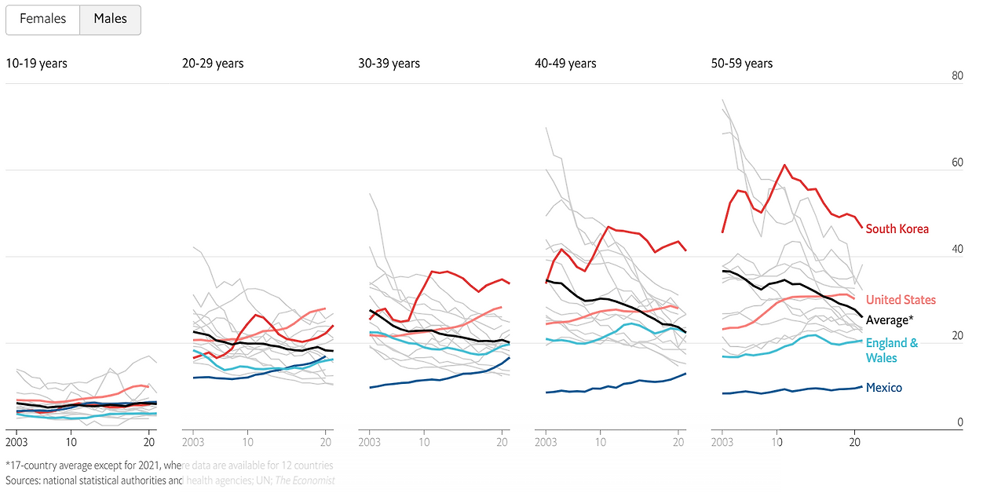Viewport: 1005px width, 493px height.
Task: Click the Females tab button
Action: coord(42,20)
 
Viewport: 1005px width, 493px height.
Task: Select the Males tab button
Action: coord(110,20)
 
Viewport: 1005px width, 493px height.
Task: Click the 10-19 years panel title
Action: coord(36,64)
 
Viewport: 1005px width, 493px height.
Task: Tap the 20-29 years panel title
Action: coord(213,64)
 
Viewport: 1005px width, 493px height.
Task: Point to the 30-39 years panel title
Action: coord(389,64)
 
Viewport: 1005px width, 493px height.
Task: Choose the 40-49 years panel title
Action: coord(565,64)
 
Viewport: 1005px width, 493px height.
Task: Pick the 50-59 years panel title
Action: coord(741,64)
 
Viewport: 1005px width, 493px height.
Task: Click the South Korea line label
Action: coord(897,229)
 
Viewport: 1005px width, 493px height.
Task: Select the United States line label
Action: coord(901,300)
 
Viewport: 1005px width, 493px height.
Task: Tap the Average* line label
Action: coord(890,320)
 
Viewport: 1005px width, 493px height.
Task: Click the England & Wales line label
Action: coord(891,350)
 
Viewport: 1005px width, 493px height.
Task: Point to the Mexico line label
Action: coord(884,388)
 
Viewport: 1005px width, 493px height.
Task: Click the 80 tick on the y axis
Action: coord(956,76)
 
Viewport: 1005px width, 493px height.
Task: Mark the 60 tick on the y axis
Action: coord(956,163)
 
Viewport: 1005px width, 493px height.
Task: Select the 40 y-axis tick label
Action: coord(956,250)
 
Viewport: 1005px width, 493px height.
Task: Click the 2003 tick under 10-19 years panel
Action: coord(17,442)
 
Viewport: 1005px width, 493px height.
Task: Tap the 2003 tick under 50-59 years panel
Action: coord(722,442)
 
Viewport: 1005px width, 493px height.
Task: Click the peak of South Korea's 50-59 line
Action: coord(784,166)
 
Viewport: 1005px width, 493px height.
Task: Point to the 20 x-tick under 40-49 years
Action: coord(678,442)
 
